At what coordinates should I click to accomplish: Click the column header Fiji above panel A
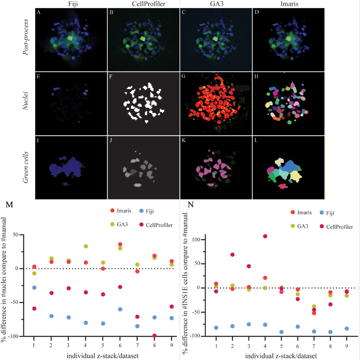(x=73, y=4)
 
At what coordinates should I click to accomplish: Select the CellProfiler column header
(x=149, y=4)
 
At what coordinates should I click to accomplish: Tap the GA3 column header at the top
(x=217, y=4)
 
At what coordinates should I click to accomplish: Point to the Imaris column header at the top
(x=289, y=4)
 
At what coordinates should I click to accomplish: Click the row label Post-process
(x=26, y=37)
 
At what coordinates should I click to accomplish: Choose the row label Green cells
(x=26, y=167)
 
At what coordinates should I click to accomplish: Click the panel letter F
(x=111, y=76)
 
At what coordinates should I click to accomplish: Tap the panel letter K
(x=184, y=140)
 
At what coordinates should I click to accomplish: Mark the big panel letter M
(x=9, y=204)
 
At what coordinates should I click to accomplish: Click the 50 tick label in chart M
(x=15, y=235)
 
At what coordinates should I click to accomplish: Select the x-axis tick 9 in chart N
(x=347, y=346)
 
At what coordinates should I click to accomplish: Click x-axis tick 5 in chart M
(x=103, y=345)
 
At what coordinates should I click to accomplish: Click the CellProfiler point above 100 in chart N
(x=265, y=236)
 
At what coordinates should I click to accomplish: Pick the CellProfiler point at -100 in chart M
(x=154, y=336)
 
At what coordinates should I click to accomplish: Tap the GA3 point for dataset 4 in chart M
(x=86, y=246)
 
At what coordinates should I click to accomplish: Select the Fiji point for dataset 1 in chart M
(x=34, y=288)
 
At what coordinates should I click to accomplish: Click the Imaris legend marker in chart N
(x=293, y=212)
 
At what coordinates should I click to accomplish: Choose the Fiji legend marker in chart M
(x=141, y=211)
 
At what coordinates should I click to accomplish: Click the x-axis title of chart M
(x=103, y=356)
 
